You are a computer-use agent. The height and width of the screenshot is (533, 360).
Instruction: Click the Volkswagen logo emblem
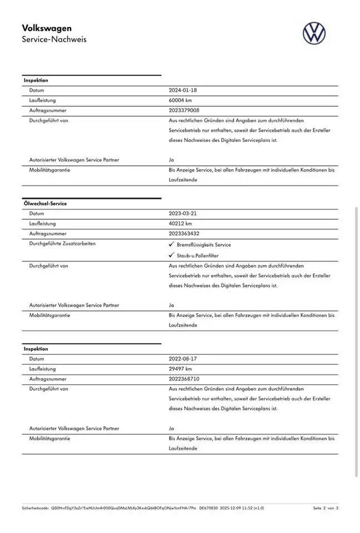[x=314, y=33]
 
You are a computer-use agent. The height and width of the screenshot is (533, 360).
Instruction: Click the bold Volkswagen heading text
[x=47, y=28]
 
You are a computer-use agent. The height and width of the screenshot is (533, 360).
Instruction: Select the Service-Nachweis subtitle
[x=54, y=39]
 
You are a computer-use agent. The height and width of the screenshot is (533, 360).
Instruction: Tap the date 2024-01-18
[x=183, y=90]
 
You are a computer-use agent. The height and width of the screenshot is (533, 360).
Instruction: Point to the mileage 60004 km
[x=181, y=100]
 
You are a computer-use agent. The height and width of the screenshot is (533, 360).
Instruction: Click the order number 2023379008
[x=184, y=110]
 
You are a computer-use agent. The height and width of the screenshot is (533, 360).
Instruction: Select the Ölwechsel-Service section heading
[x=45, y=204]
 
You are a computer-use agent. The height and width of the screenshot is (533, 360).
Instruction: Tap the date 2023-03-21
[x=183, y=214]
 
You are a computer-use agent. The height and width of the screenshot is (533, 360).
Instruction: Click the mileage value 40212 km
[x=181, y=224]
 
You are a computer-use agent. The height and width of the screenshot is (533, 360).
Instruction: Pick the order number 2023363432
[x=184, y=234]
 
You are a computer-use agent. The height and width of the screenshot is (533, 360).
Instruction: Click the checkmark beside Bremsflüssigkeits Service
[x=171, y=244]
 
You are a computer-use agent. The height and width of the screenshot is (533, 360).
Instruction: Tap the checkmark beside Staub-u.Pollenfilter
[x=171, y=255]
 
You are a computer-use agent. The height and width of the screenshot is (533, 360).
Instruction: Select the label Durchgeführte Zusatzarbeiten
[x=62, y=244]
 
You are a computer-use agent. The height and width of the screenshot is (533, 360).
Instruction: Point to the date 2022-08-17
[x=183, y=359]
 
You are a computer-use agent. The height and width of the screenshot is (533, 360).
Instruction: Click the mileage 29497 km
[x=181, y=369]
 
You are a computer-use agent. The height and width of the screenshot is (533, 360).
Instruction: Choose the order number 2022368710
[x=184, y=379]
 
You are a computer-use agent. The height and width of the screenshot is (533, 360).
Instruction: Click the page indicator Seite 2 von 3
[x=325, y=508]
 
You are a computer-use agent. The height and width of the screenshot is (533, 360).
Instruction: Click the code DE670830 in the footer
[x=208, y=508]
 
